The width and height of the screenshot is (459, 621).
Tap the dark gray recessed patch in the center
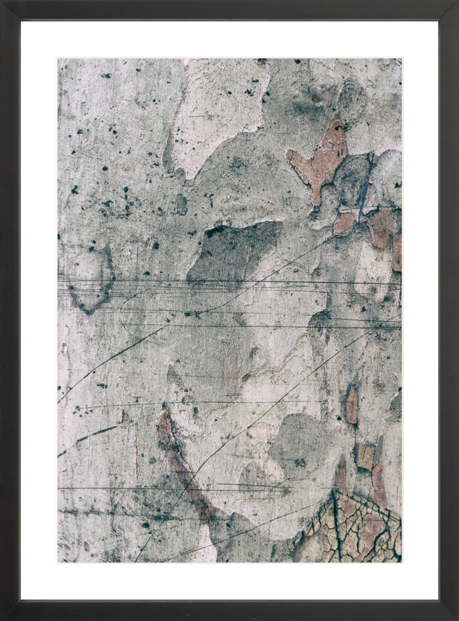[x=235, y=251]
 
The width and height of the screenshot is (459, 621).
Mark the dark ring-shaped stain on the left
[x=92, y=282]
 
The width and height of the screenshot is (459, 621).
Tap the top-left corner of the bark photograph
[x=58, y=59]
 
